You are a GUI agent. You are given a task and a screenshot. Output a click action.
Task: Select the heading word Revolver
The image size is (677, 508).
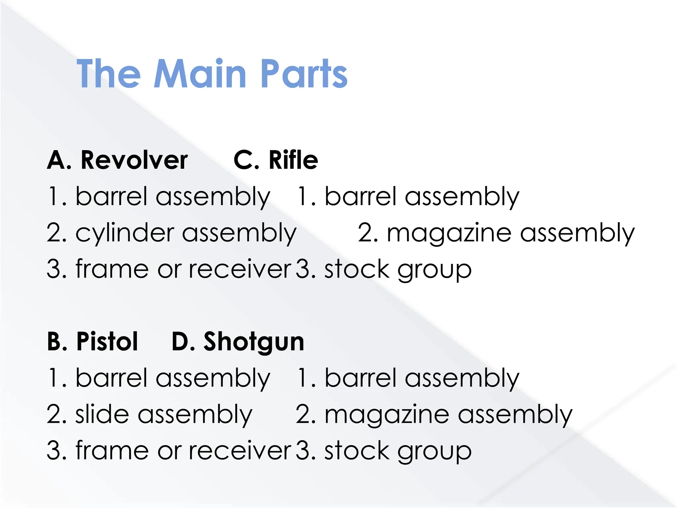pos(134,160)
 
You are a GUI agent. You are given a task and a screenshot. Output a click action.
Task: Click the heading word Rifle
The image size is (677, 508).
pos(293,160)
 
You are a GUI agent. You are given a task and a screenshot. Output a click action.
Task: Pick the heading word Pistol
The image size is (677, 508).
pos(107,341)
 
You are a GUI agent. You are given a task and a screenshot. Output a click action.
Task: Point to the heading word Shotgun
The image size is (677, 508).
pos(254,342)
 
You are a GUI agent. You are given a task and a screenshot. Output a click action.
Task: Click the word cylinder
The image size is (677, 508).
pos(125,233)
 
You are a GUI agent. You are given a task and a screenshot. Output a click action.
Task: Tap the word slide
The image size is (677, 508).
pos(102,414)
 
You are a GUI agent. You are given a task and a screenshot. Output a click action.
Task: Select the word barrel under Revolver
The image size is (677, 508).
pos(111,196)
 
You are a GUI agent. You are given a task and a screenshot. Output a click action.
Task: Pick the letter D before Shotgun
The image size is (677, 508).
pos(180,341)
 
